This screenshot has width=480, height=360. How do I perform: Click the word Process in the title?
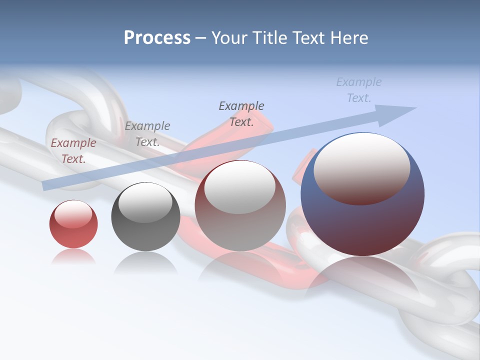click(157, 38)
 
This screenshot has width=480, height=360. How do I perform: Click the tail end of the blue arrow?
click(46, 185)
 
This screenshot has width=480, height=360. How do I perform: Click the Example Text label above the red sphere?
click(73, 151)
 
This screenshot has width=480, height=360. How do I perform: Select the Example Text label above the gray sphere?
click(147, 134)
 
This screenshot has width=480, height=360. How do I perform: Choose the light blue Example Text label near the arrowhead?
click(359, 90)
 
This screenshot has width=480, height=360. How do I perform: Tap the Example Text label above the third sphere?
click(241, 113)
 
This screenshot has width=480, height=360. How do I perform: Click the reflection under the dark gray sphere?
click(145, 262)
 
